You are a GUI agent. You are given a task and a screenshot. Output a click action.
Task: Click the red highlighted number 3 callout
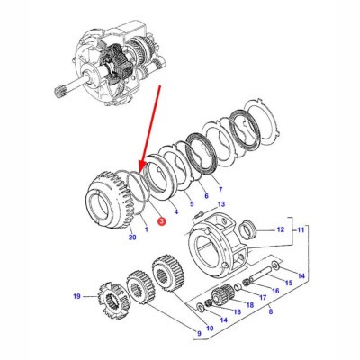click(x=160, y=220)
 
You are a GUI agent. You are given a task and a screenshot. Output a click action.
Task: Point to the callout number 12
click(x=280, y=230)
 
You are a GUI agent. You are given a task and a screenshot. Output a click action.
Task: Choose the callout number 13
click(x=220, y=205)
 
